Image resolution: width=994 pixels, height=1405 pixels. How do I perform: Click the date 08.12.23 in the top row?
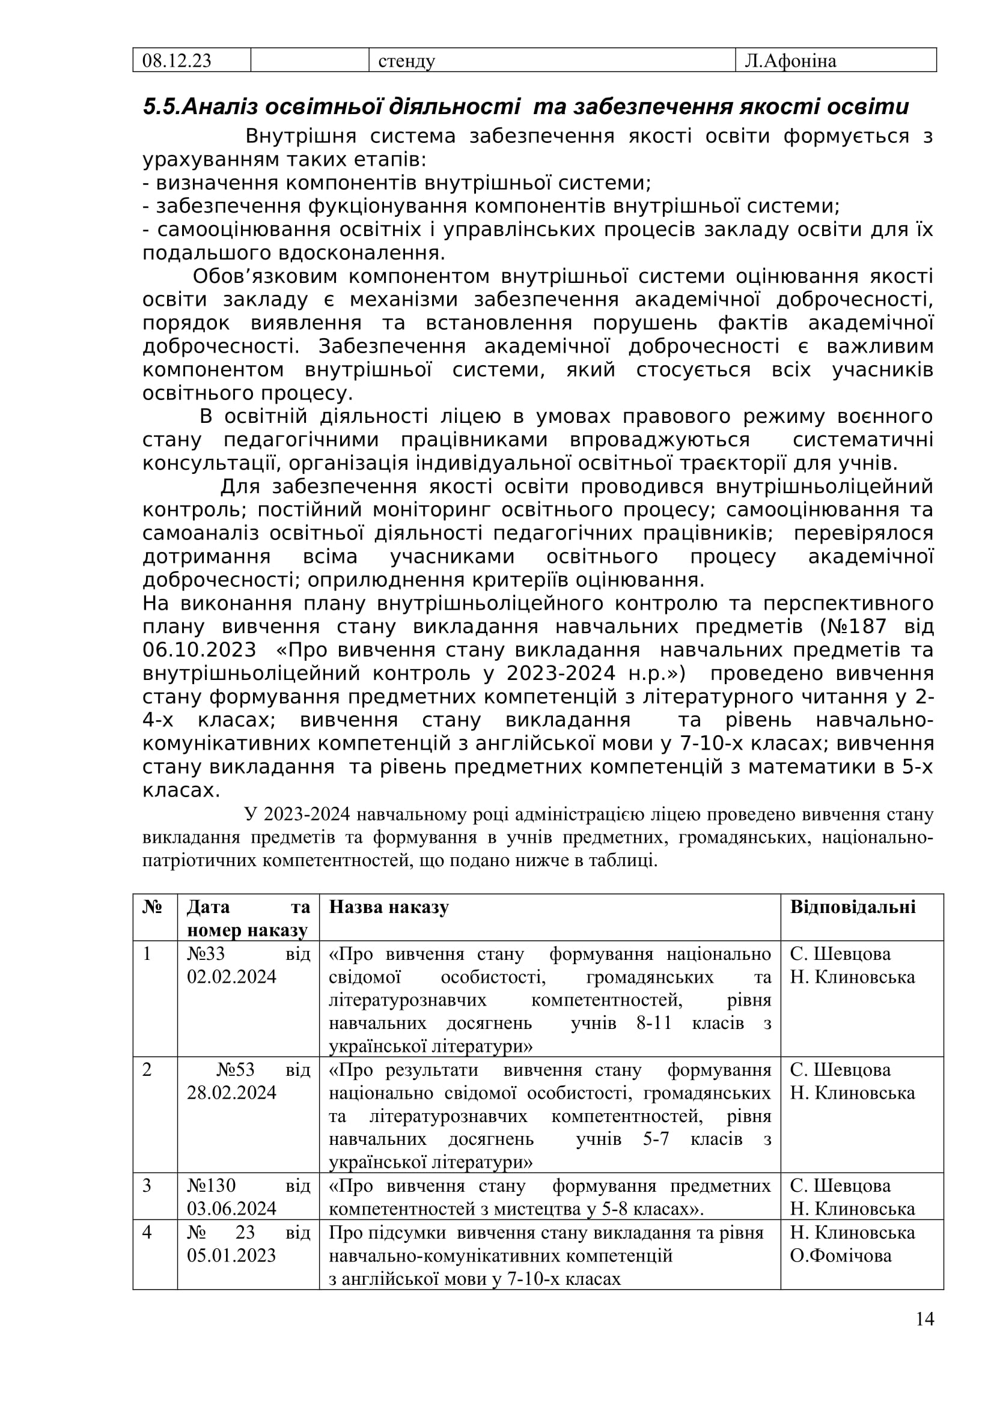[176, 61]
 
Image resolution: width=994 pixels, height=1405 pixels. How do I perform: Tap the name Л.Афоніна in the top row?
[790, 61]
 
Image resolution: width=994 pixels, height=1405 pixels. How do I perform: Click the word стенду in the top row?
[406, 61]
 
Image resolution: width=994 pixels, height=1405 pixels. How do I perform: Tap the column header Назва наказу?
[389, 907]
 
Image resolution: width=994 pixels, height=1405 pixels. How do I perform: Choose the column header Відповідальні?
[853, 907]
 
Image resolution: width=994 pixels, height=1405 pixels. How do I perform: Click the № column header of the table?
[151, 907]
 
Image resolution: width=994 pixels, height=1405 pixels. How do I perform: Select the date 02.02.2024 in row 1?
[231, 977]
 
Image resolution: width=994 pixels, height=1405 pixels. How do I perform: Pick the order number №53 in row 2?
[236, 1070]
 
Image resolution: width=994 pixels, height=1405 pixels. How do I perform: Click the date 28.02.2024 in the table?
[231, 1093]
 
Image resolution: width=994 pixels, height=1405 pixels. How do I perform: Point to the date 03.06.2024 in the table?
[231, 1209]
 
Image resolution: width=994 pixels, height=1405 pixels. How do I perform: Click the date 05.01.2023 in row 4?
[231, 1255]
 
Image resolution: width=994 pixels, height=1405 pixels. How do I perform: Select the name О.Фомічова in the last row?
[840, 1255]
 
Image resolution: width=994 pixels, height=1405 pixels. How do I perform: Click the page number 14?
[925, 1319]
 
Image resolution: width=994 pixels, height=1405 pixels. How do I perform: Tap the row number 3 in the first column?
[147, 1186]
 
